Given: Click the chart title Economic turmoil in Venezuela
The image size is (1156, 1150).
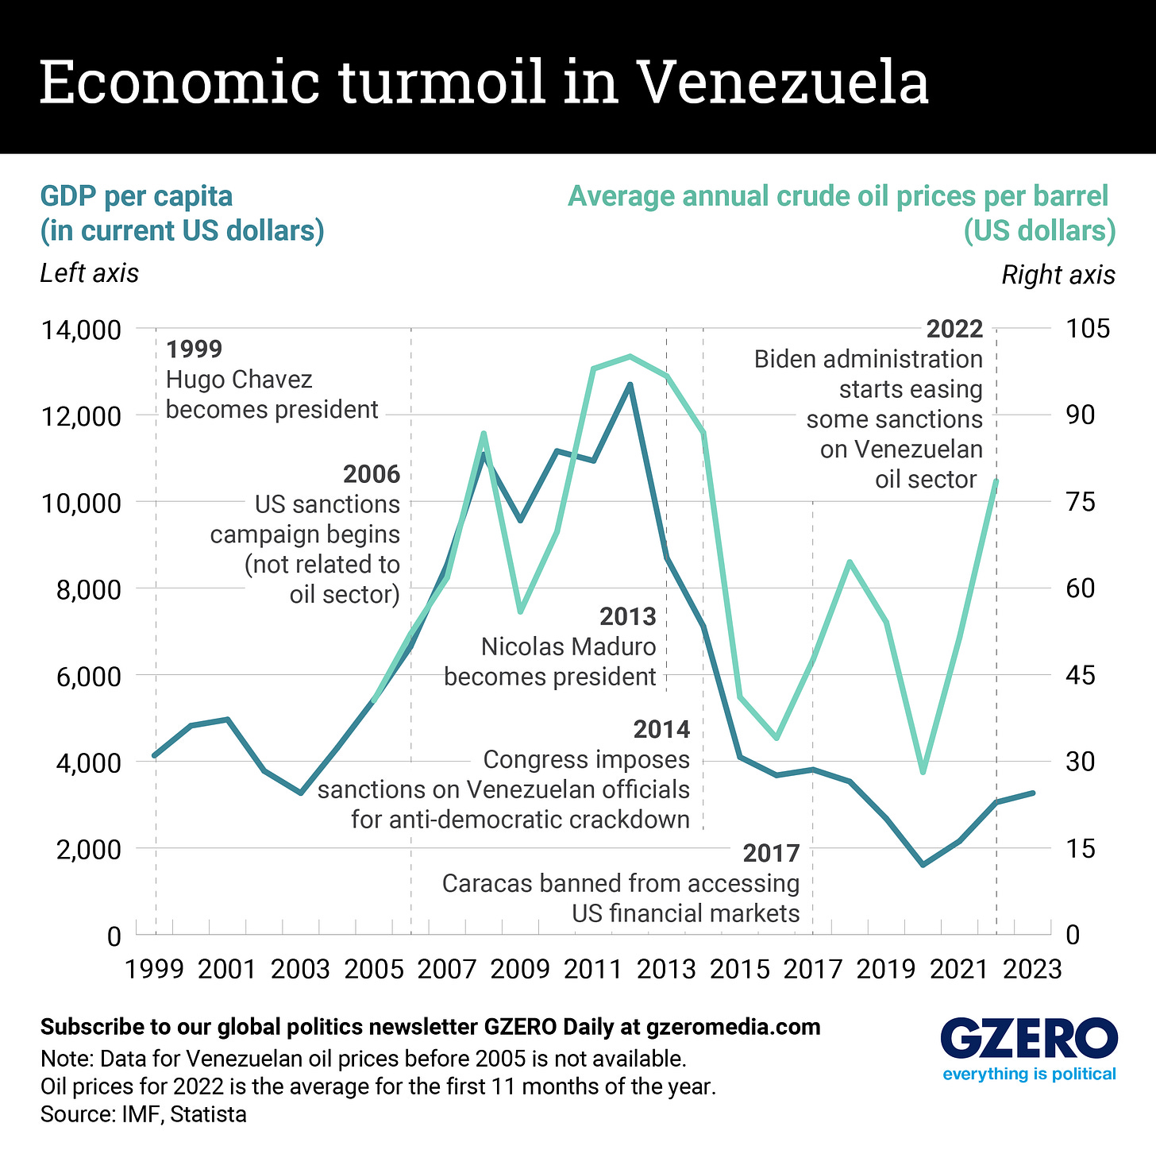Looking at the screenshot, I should point(484,81).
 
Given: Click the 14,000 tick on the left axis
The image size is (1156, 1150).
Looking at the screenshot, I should point(81,330).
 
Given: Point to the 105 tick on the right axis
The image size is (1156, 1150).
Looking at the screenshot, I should point(1089,330).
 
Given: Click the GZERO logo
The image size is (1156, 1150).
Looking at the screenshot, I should point(1029,1040).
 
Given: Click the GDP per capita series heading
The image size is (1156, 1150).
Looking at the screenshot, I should point(137,196).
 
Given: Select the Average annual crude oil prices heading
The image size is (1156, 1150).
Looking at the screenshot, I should point(838,196).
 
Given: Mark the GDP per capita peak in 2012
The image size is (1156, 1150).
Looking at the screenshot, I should point(630,384).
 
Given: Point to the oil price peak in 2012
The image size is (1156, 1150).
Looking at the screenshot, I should point(630,356).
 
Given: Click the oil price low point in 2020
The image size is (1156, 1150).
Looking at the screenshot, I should point(923,772).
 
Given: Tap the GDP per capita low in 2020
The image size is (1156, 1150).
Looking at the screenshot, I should point(923,865).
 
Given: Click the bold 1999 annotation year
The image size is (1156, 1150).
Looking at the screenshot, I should point(194,349).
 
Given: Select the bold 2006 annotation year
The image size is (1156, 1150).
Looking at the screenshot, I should point(371,474).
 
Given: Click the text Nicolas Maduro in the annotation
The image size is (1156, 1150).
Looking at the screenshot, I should point(568,646).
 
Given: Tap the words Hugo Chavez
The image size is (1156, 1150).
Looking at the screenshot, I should point(239,380).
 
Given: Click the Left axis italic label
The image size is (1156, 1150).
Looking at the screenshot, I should point(89,273).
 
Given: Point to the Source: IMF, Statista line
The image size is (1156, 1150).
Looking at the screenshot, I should point(143,1114).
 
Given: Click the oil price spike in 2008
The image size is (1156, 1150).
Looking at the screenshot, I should point(484,434).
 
